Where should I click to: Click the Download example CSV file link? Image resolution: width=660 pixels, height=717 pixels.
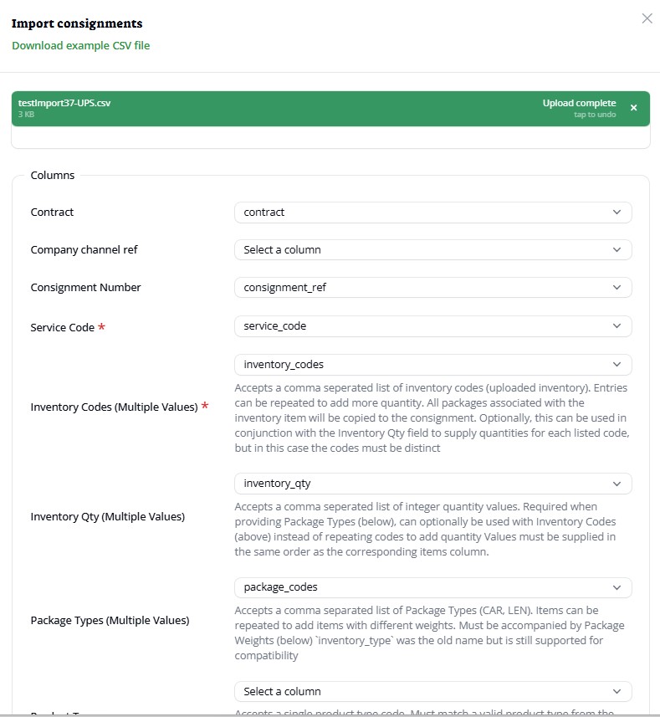coord(81,45)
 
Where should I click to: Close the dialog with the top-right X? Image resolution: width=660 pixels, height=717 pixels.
coord(647,18)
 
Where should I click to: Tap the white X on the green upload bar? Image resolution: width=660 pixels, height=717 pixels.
coord(633,108)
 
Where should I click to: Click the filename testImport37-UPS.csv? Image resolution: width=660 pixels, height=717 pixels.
coord(64,103)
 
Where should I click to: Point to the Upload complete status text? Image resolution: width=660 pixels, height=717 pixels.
coord(579,103)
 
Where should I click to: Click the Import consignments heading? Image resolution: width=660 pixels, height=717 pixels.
coord(77,23)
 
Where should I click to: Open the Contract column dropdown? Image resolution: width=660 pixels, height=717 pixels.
coord(432,213)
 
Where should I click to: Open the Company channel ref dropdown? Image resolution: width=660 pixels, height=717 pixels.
coord(432,249)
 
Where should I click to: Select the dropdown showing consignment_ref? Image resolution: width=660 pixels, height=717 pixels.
coord(432,288)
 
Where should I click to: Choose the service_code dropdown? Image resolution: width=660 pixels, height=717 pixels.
coord(432,326)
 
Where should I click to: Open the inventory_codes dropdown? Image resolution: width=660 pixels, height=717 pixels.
coord(432,365)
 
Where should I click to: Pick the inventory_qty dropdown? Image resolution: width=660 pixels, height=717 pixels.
coord(432,484)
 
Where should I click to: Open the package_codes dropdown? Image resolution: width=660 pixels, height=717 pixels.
coord(432,587)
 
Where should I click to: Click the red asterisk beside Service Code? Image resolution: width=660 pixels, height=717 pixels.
coord(102,327)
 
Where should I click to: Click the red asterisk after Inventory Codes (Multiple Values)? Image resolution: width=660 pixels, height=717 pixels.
coord(205,407)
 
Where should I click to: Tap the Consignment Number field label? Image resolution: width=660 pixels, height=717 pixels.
coord(85,288)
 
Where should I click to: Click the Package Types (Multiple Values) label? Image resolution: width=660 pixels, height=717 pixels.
coord(110,621)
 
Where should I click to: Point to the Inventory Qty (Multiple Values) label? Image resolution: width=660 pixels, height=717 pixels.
coord(107,517)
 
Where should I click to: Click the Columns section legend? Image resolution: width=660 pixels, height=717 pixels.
coord(53,176)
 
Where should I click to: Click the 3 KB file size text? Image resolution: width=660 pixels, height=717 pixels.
coord(26,114)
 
